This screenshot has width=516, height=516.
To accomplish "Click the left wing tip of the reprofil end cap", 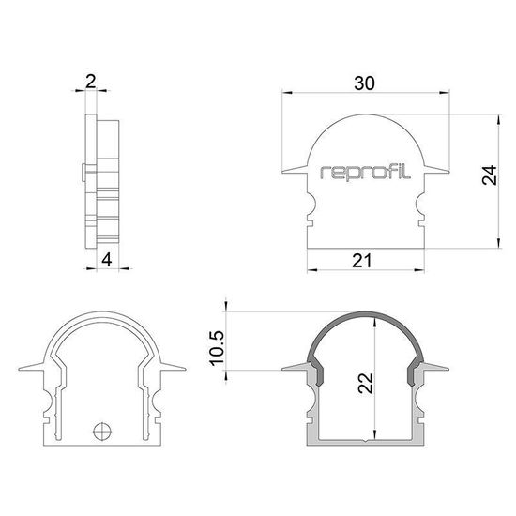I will click(x=285, y=172).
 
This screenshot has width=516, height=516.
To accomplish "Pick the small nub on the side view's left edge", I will click(x=84, y=172).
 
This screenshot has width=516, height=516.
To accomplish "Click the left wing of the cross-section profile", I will click(x=293, y=367).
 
